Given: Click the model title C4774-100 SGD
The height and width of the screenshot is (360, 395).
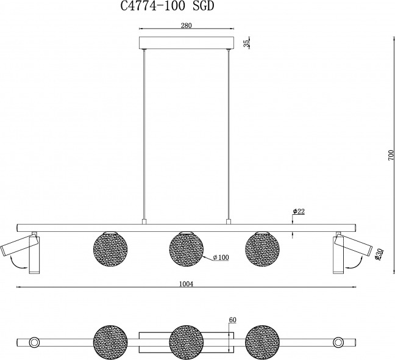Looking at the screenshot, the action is [x=167, y=6].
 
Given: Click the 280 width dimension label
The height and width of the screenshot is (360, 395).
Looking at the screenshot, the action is [x=186, y=26].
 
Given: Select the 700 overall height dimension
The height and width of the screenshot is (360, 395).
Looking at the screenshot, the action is [x=391, y=156].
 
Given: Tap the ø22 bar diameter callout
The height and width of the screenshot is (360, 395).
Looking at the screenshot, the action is [x=299, y=211].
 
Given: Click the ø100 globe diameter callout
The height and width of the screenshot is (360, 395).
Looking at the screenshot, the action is [x=221, y=257].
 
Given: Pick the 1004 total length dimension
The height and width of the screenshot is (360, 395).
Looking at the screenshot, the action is [x=186, y=284].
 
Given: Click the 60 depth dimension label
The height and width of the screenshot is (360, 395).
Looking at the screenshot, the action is [x=232, y=320].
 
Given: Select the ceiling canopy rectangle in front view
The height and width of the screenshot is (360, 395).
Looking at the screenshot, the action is [x=187, y=43].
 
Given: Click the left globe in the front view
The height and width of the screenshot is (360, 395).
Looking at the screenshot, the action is [x=110, y=249].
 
